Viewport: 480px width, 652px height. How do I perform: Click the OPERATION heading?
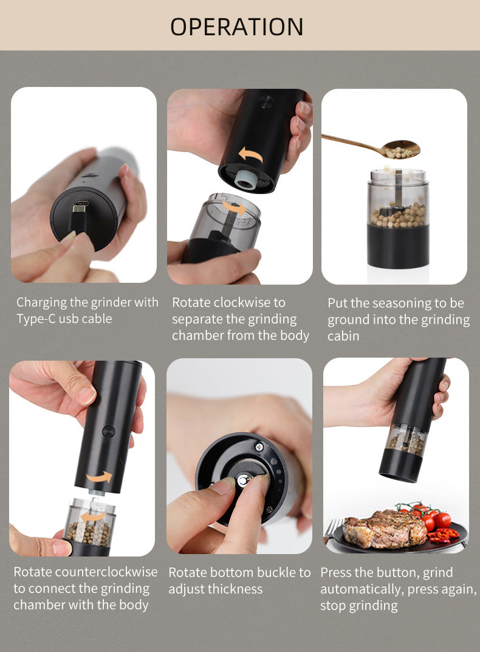pos(237,27)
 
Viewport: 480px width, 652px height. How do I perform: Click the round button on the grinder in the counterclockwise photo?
pos(108,431)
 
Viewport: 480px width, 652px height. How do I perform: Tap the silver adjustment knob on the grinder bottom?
pos(244,480)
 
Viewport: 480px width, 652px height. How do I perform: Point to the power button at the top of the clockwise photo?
pos(266,102)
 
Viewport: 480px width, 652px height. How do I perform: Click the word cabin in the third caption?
pos(343,336)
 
